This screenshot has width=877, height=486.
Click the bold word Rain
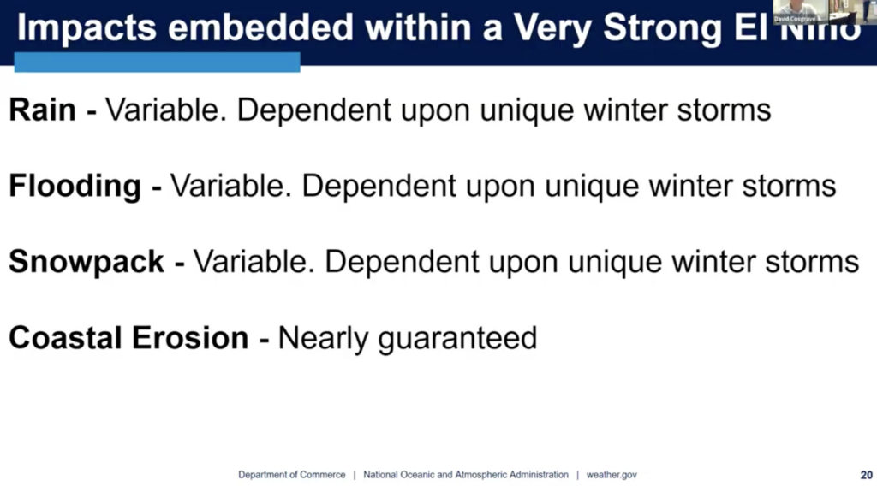(43, 110)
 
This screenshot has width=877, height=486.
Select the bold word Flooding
(75, 187)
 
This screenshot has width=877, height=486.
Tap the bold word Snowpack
(87, 262)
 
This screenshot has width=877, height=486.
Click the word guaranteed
(457, 339)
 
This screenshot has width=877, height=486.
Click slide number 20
(867, 475)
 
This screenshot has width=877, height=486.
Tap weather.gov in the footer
(612, 475)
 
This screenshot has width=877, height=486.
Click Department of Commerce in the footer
(292, 475)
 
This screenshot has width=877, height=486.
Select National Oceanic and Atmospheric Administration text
(466, 475)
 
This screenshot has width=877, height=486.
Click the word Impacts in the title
(87, 28)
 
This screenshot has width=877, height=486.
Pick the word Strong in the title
(663, 28)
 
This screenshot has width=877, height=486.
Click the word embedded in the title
(260, 27)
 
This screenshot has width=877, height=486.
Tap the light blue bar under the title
(158, 62)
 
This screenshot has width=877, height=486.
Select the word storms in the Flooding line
(789, 187)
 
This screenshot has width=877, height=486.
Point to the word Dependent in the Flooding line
(379, 187)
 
